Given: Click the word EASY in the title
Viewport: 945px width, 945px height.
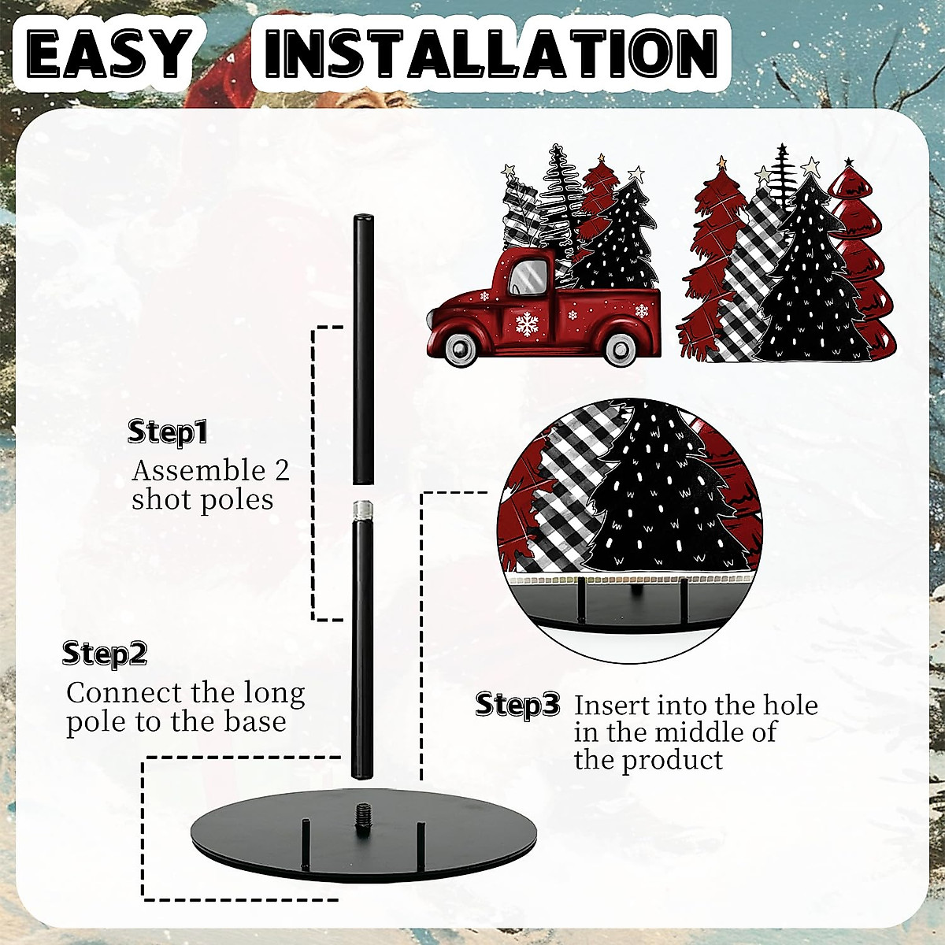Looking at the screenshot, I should [108, 54].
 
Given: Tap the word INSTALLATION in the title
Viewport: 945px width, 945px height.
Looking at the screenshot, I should [491, 54].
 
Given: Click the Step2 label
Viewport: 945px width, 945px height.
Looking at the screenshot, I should [105, 654].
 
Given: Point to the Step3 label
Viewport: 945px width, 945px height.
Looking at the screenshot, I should [518, 704].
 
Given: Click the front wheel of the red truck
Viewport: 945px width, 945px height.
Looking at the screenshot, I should [458, 349].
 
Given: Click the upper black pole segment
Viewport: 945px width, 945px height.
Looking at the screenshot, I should [362, 350].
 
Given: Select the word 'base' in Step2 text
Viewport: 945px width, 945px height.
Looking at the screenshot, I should [254, 722].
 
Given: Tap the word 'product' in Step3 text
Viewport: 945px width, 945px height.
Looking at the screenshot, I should [673, 760].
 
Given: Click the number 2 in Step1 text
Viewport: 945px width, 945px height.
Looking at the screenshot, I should [281, 470].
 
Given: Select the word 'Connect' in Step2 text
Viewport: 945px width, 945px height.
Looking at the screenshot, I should [124, 693].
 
